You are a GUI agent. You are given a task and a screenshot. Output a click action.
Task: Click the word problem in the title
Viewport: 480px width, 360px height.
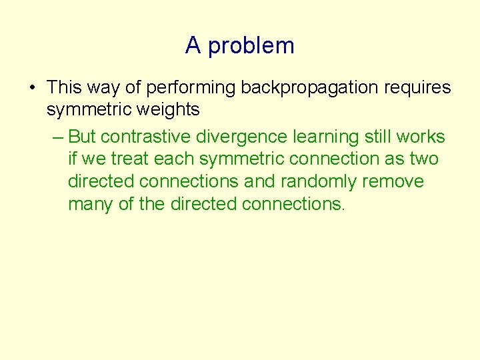pos(251,46)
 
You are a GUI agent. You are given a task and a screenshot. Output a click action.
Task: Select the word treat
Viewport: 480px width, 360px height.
pos(133,159)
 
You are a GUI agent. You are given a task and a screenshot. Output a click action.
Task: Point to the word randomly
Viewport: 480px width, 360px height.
pos(316,182)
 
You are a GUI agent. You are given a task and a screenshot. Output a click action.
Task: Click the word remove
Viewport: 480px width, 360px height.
pos(392,181)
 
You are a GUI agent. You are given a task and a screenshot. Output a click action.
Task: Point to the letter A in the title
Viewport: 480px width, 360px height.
pos(193,45)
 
